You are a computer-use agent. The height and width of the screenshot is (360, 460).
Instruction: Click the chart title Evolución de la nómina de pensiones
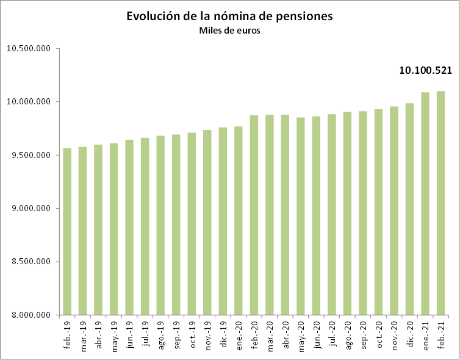(x=229, y=16)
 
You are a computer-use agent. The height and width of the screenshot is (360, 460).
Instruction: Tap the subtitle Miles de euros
(x=229, y=31)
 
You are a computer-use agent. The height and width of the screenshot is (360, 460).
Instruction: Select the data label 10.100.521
(x=425, y=71)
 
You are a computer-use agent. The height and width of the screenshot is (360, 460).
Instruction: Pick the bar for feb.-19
(x=67, y=232)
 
